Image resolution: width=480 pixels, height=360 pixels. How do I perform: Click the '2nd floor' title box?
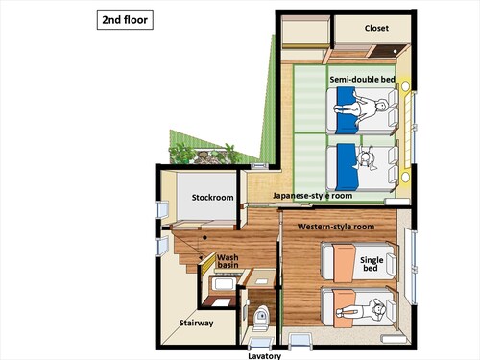pos(125,20)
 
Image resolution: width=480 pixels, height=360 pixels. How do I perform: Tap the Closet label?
pos(376,28)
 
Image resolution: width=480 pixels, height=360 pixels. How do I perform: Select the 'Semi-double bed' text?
pos(362,80)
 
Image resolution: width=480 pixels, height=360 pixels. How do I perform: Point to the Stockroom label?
pos(212,198)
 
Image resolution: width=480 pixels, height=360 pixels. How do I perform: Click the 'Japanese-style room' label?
pos(312,196)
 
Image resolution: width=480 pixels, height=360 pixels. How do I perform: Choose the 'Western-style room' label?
pos(336,227)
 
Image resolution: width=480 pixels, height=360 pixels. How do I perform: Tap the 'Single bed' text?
pos(372,264)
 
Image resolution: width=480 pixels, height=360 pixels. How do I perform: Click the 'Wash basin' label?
pos(228,261)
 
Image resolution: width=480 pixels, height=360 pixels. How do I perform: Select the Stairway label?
pos(196,323)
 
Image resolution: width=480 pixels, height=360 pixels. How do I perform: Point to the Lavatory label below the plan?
pos(265,356)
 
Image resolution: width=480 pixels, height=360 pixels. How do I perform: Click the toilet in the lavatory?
pos(261,318)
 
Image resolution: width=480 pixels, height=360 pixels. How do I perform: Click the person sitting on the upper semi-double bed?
pos(362,108)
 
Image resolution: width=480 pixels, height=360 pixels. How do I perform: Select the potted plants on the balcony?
pos(204,155)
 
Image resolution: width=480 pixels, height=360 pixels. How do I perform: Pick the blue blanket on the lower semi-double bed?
pos(348,166)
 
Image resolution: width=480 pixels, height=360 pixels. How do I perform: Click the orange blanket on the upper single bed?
pos(344,263)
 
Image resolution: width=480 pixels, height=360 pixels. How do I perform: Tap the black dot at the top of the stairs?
pos(204,238)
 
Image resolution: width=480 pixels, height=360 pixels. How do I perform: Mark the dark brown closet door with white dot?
pos(387,51)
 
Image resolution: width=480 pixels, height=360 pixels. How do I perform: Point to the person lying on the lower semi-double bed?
pos(365,157)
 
